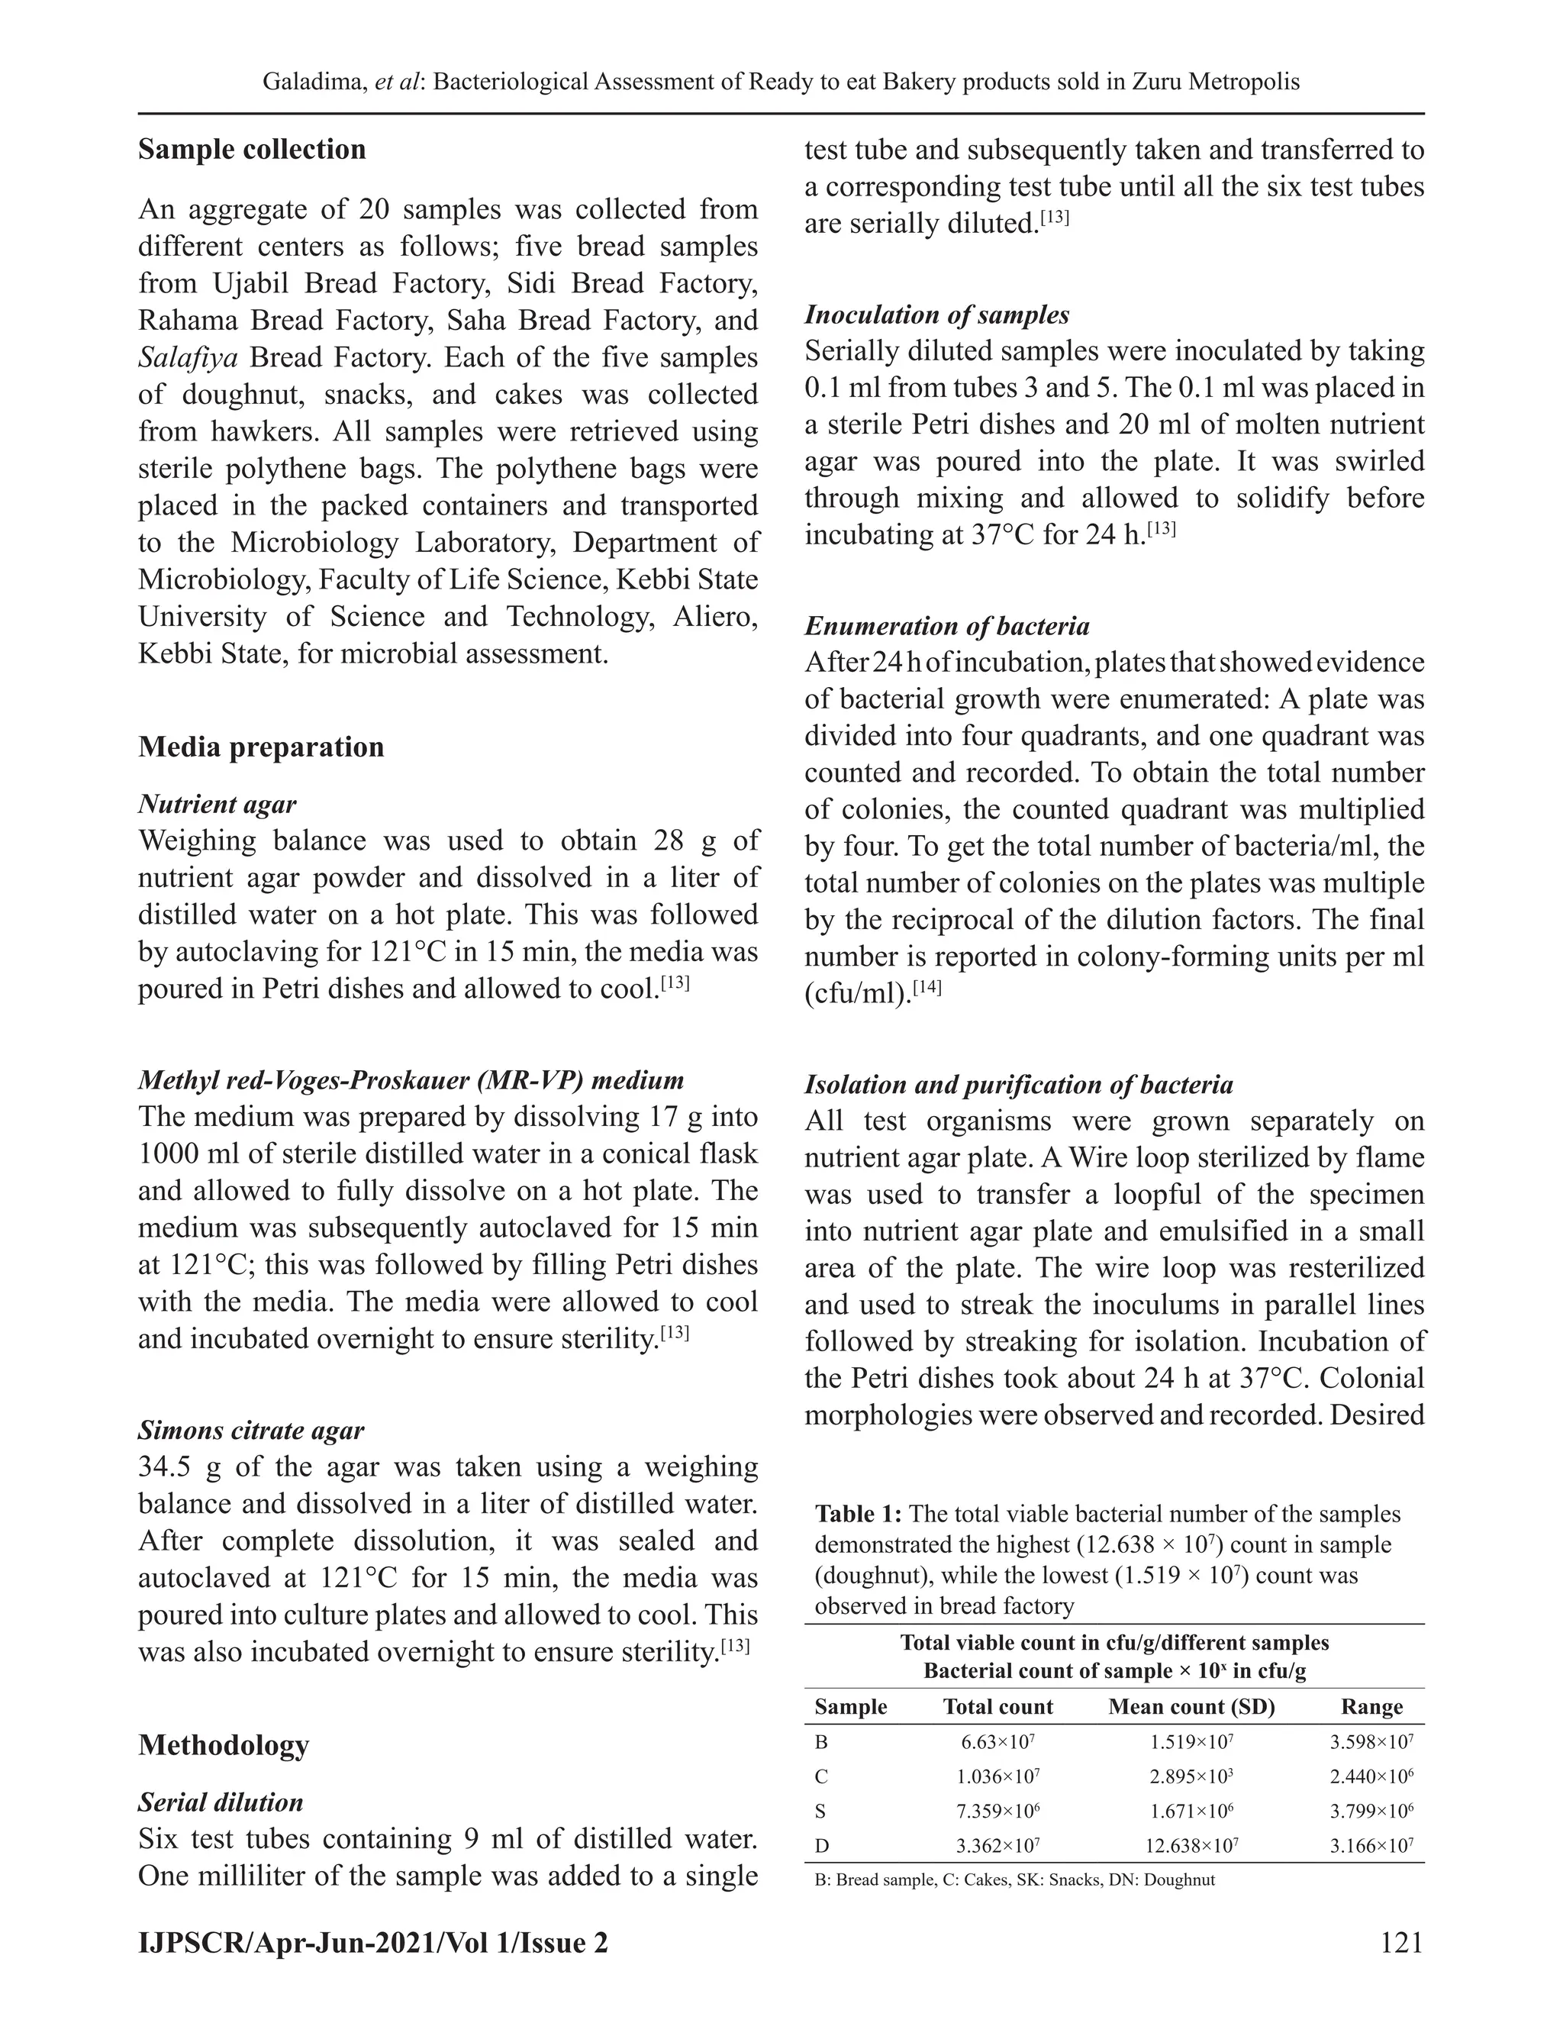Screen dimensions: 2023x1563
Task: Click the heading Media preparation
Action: click(261, 747)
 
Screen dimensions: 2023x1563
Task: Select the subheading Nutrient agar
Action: click(217, 804)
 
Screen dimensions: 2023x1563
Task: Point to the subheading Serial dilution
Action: click(221, 1802)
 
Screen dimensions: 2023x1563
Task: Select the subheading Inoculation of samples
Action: click(936, 315)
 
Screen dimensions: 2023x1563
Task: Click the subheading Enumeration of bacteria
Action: click(946, 626)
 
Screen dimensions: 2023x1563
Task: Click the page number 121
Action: click(1400, 1941)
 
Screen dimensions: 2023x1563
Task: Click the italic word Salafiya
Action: click(189, 357)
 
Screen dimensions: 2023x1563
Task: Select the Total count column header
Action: click(997, 1706)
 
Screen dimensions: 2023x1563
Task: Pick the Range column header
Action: click(1371, 1706)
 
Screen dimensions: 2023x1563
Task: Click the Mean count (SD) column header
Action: click(1191, 1706)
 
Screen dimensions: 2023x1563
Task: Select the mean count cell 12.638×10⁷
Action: click(1191, 1845)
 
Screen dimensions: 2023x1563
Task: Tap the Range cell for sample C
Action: click(1371, 1776)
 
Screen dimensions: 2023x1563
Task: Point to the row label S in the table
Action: click(821, 1811)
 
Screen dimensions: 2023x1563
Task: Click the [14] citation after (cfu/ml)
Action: click(927, 989)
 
